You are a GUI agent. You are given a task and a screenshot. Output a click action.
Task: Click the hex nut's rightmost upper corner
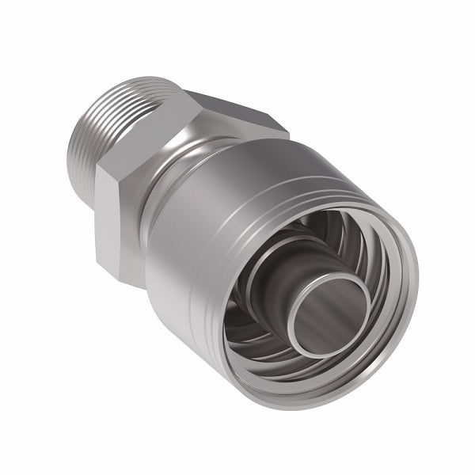287,129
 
